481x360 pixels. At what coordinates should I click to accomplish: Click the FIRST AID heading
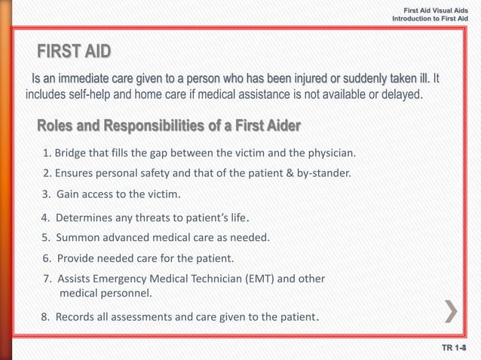74,51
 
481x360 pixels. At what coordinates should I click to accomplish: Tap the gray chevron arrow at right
452,311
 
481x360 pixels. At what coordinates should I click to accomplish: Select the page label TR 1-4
455,348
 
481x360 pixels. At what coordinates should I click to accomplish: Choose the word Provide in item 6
76,258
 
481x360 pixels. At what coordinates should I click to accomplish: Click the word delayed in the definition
400,96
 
